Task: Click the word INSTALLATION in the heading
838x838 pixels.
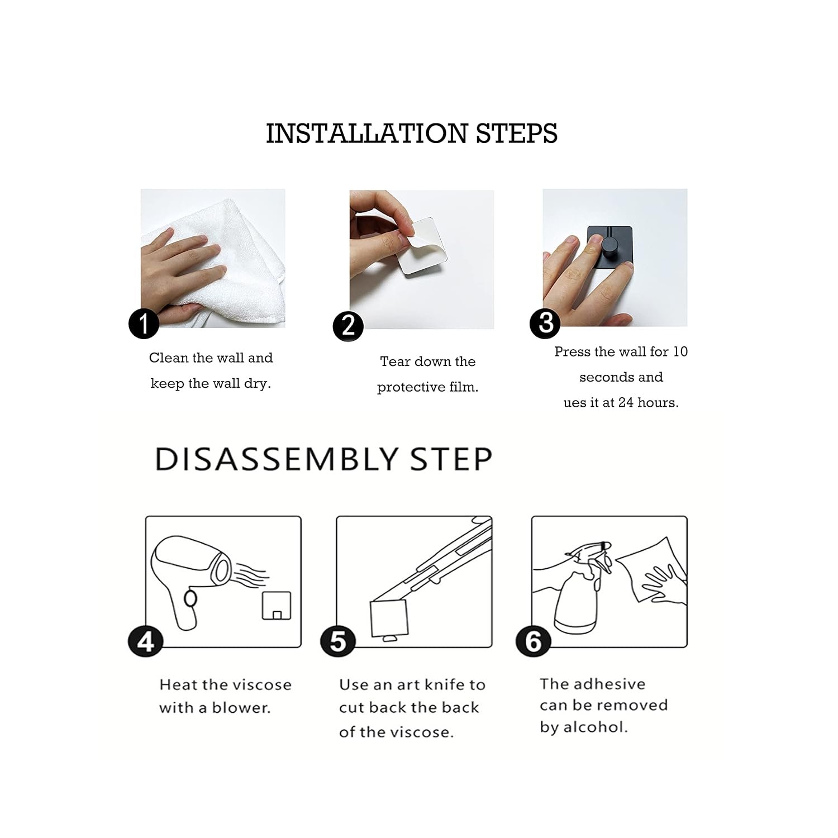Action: pos(366,134)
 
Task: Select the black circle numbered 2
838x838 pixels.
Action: pos(348,326)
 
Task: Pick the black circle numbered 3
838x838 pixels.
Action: pos(545,322)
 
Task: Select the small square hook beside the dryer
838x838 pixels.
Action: pos(277,606)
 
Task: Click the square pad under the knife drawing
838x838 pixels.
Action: pos(389,619)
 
